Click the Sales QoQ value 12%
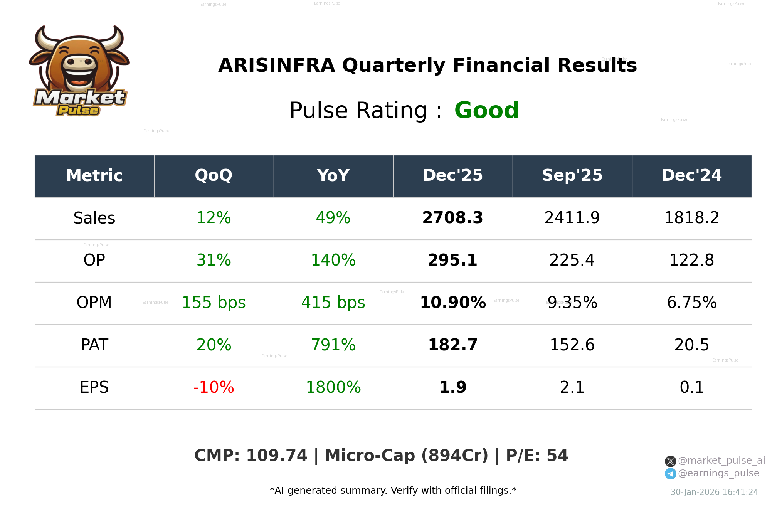(214, 218)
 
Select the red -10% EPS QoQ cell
(214, 387)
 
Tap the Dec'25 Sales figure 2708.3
(452, 218)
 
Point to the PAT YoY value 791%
(333, 345)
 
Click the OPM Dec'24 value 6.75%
(691, 302)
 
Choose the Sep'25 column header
(572, 175)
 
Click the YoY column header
(333, 175)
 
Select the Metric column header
(94, 175)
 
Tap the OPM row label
(94, 302)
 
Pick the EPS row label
(94, 387)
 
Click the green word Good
(486, 110)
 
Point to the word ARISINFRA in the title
(276, 65)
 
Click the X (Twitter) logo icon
(670, 461)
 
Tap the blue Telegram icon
(670, 474)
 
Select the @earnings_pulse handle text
(718, 473)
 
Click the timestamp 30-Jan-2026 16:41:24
(714, 492)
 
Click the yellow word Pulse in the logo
(78, 110)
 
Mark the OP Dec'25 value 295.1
(452, 260)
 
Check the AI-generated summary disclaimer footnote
(393, 491)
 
